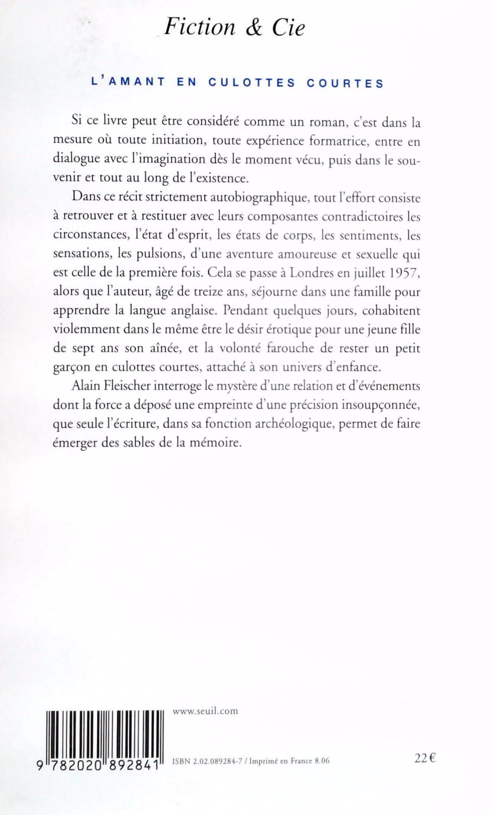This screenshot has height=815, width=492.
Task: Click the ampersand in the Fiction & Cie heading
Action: click(253, 28)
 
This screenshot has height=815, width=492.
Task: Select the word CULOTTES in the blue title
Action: click(252, 83)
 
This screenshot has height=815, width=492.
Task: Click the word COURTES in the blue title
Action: click(345, 83)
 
